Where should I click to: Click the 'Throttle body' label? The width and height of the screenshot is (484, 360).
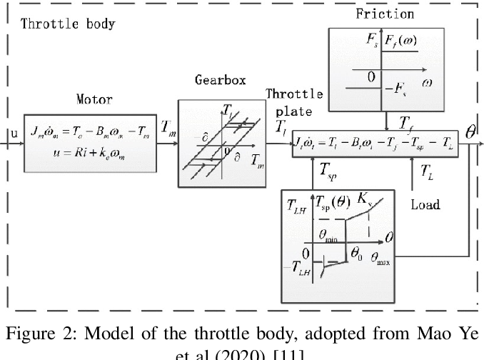(68, 23)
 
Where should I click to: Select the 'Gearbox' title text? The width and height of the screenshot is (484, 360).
(220, 80)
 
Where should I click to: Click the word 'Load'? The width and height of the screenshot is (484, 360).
(425, 205)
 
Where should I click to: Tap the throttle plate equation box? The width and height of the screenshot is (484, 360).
(375, 144)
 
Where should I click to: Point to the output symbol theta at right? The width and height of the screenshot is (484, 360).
(470, 132)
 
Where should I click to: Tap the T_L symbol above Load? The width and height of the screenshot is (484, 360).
(425, 171)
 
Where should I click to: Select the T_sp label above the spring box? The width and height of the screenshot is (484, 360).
(328, 171)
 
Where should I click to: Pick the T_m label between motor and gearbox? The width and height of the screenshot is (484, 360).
(169, 127)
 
